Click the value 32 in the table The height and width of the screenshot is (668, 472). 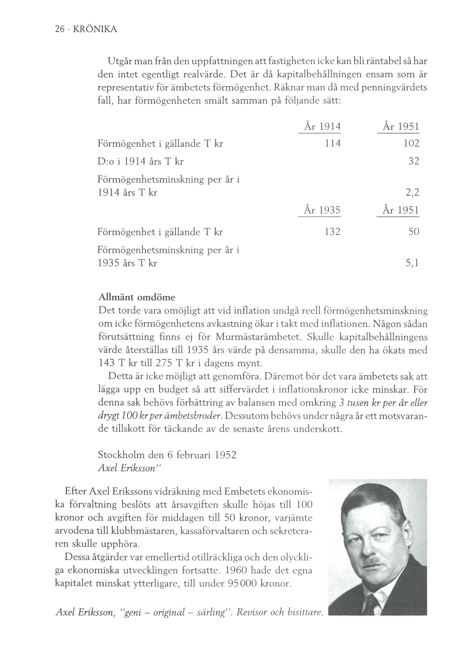pos(414,161)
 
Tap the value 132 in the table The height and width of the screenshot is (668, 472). pos(332,232)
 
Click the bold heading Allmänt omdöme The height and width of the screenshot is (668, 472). pos(137,297)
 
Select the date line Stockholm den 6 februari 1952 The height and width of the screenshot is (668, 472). pos(167,454)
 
